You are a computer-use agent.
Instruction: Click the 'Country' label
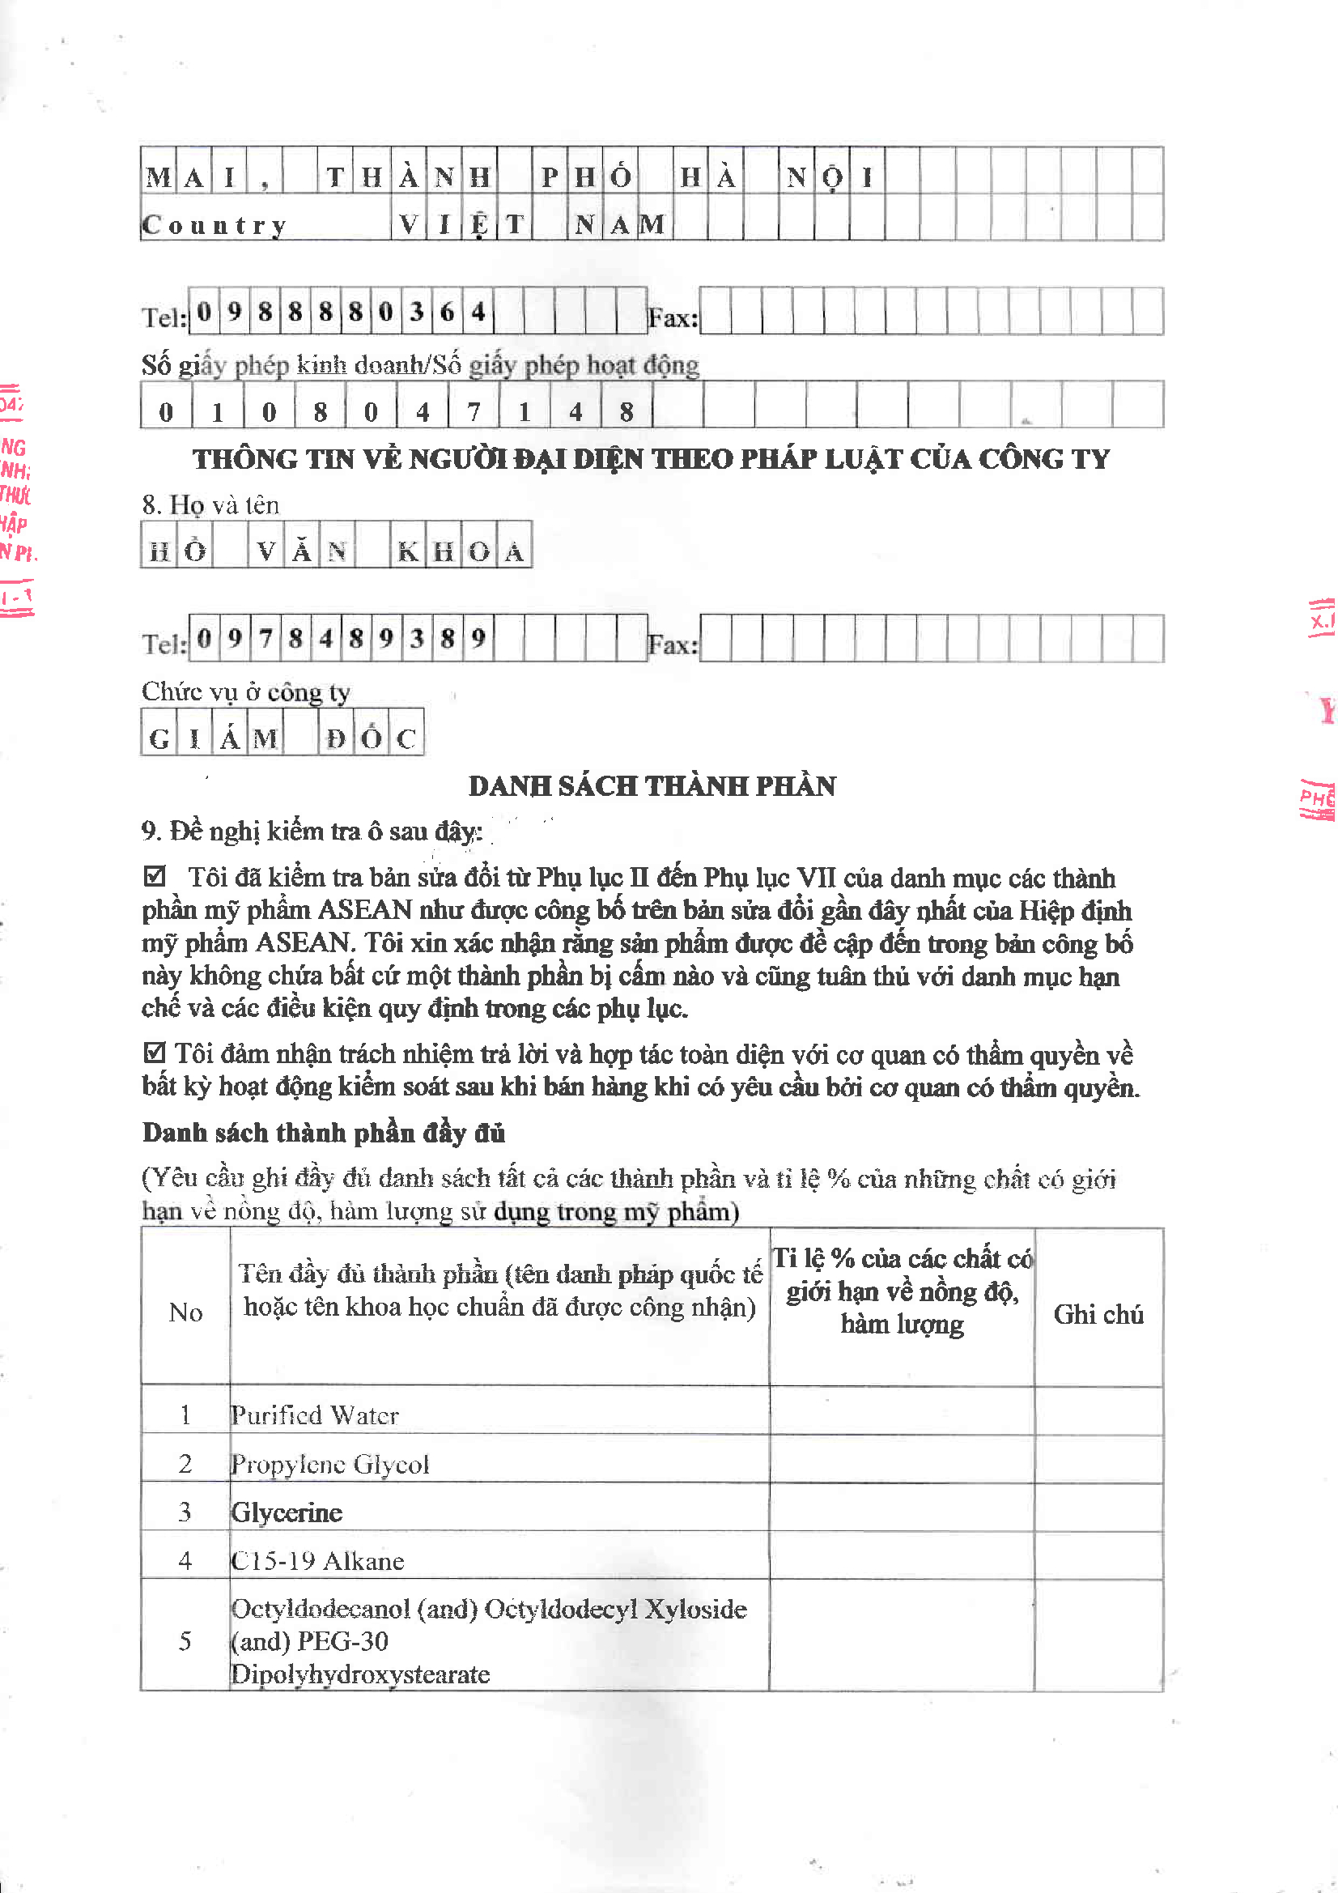[215, 224]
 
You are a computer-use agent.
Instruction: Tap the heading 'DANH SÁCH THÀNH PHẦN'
[652, 785]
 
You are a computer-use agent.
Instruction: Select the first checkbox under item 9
[154, 875]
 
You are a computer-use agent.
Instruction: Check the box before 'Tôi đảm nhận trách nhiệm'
[154, 1052]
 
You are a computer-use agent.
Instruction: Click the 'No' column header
[185, 1312]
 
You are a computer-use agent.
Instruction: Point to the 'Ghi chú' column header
[1098, 1313]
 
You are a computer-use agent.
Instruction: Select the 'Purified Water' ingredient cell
[315, 1414]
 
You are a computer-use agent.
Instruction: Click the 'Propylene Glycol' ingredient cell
[329, 1463]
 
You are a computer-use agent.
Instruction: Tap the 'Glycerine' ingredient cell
[287, 1512]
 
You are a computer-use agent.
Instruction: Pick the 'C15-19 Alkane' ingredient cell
[317, 1560]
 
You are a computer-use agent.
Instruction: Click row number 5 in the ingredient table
[185, 1640]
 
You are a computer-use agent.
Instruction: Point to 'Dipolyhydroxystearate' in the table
[360, 1674]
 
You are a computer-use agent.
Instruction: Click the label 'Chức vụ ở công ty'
[246, 691]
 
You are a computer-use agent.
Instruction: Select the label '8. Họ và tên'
[210, 504]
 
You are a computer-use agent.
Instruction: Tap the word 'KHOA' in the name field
[461, 550]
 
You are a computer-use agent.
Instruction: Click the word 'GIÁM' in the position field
[213, 737]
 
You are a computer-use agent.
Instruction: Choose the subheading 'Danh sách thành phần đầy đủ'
[323, 1132]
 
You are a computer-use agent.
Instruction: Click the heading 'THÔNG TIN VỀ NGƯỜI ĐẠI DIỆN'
[651, 458]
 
